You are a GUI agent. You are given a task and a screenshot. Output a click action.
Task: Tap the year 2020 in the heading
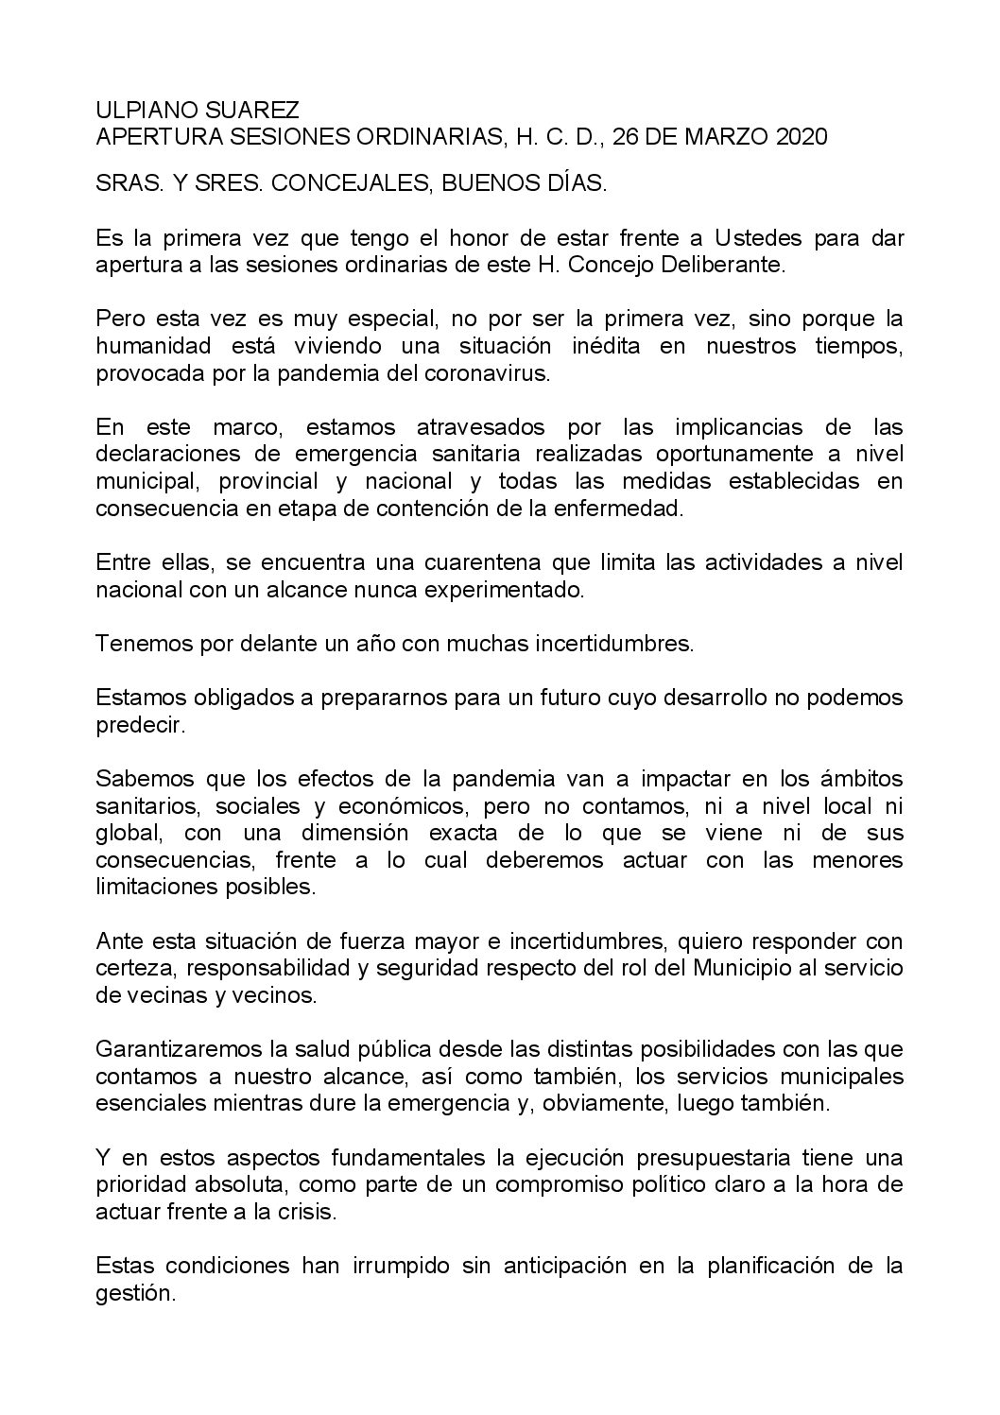click(801, 137)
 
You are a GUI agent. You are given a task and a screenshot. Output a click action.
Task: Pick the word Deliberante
click(725, 265)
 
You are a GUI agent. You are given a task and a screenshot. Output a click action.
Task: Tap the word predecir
click(134, 725)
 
